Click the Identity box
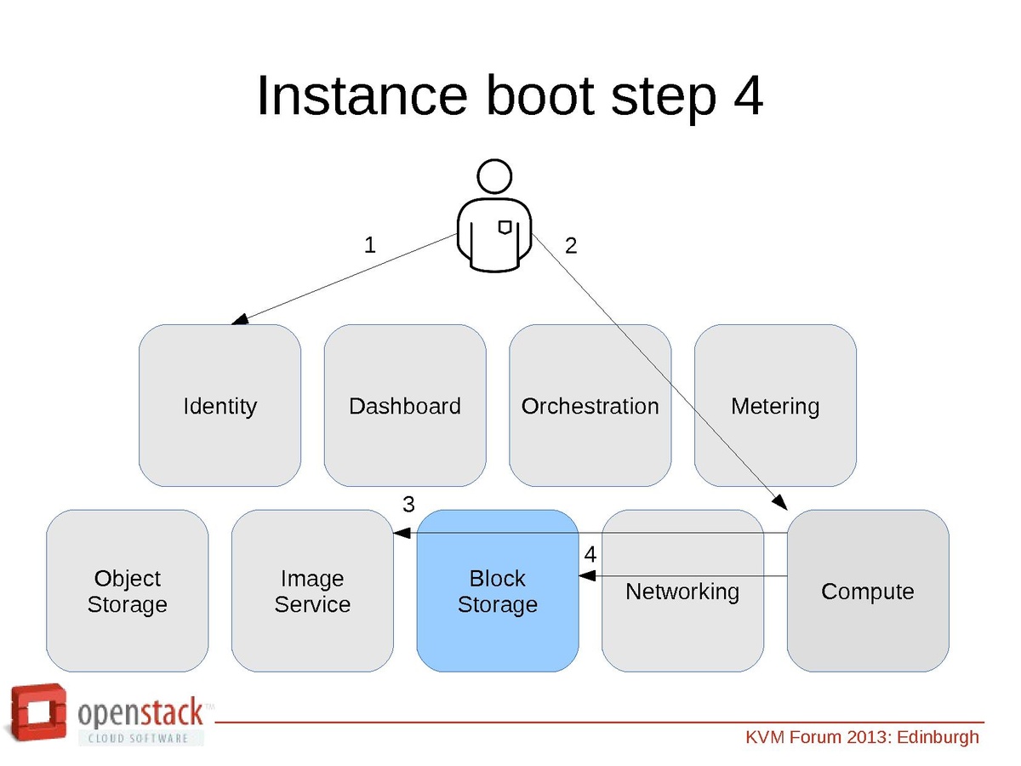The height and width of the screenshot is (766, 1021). [220, 406]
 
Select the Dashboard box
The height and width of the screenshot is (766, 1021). [405, 406]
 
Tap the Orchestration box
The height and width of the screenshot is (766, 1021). [590, 406]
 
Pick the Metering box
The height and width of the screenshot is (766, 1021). [775, 406]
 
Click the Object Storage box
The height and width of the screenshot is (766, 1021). [127, 591]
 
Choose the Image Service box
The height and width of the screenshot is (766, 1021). [312, 591]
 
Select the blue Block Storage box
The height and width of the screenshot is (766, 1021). [498, 591]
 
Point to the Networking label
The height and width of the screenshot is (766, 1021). [682, 591]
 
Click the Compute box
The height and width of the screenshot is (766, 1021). [868, 591]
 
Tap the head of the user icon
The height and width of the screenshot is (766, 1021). [494, 177]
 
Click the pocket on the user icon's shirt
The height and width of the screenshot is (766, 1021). [505, 226]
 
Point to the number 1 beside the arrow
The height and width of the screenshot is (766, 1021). [369, 245]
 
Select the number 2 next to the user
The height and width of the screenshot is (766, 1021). [571, 246]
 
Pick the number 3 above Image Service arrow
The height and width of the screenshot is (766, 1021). [408, 505]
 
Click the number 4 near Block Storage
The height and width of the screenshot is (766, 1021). [590, 554]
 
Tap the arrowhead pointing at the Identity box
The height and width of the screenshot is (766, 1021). [240, 320]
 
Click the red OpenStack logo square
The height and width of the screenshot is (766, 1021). [38, 713]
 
